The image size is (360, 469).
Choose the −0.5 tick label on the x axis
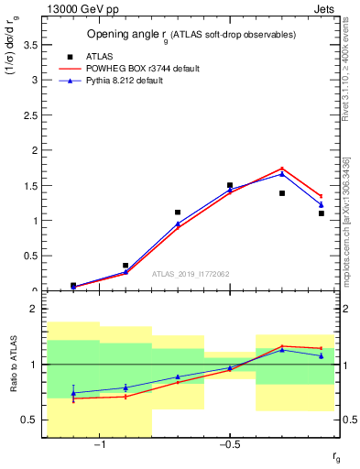[229, 445]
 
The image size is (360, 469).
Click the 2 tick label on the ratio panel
[33, 310]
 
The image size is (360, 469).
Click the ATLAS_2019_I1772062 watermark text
[191, 274]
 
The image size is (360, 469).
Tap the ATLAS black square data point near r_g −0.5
[230, 185]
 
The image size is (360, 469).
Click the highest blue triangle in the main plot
[282, 173]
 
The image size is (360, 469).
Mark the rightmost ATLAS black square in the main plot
[322, 213]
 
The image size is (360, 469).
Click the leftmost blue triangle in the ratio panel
[73, 393]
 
